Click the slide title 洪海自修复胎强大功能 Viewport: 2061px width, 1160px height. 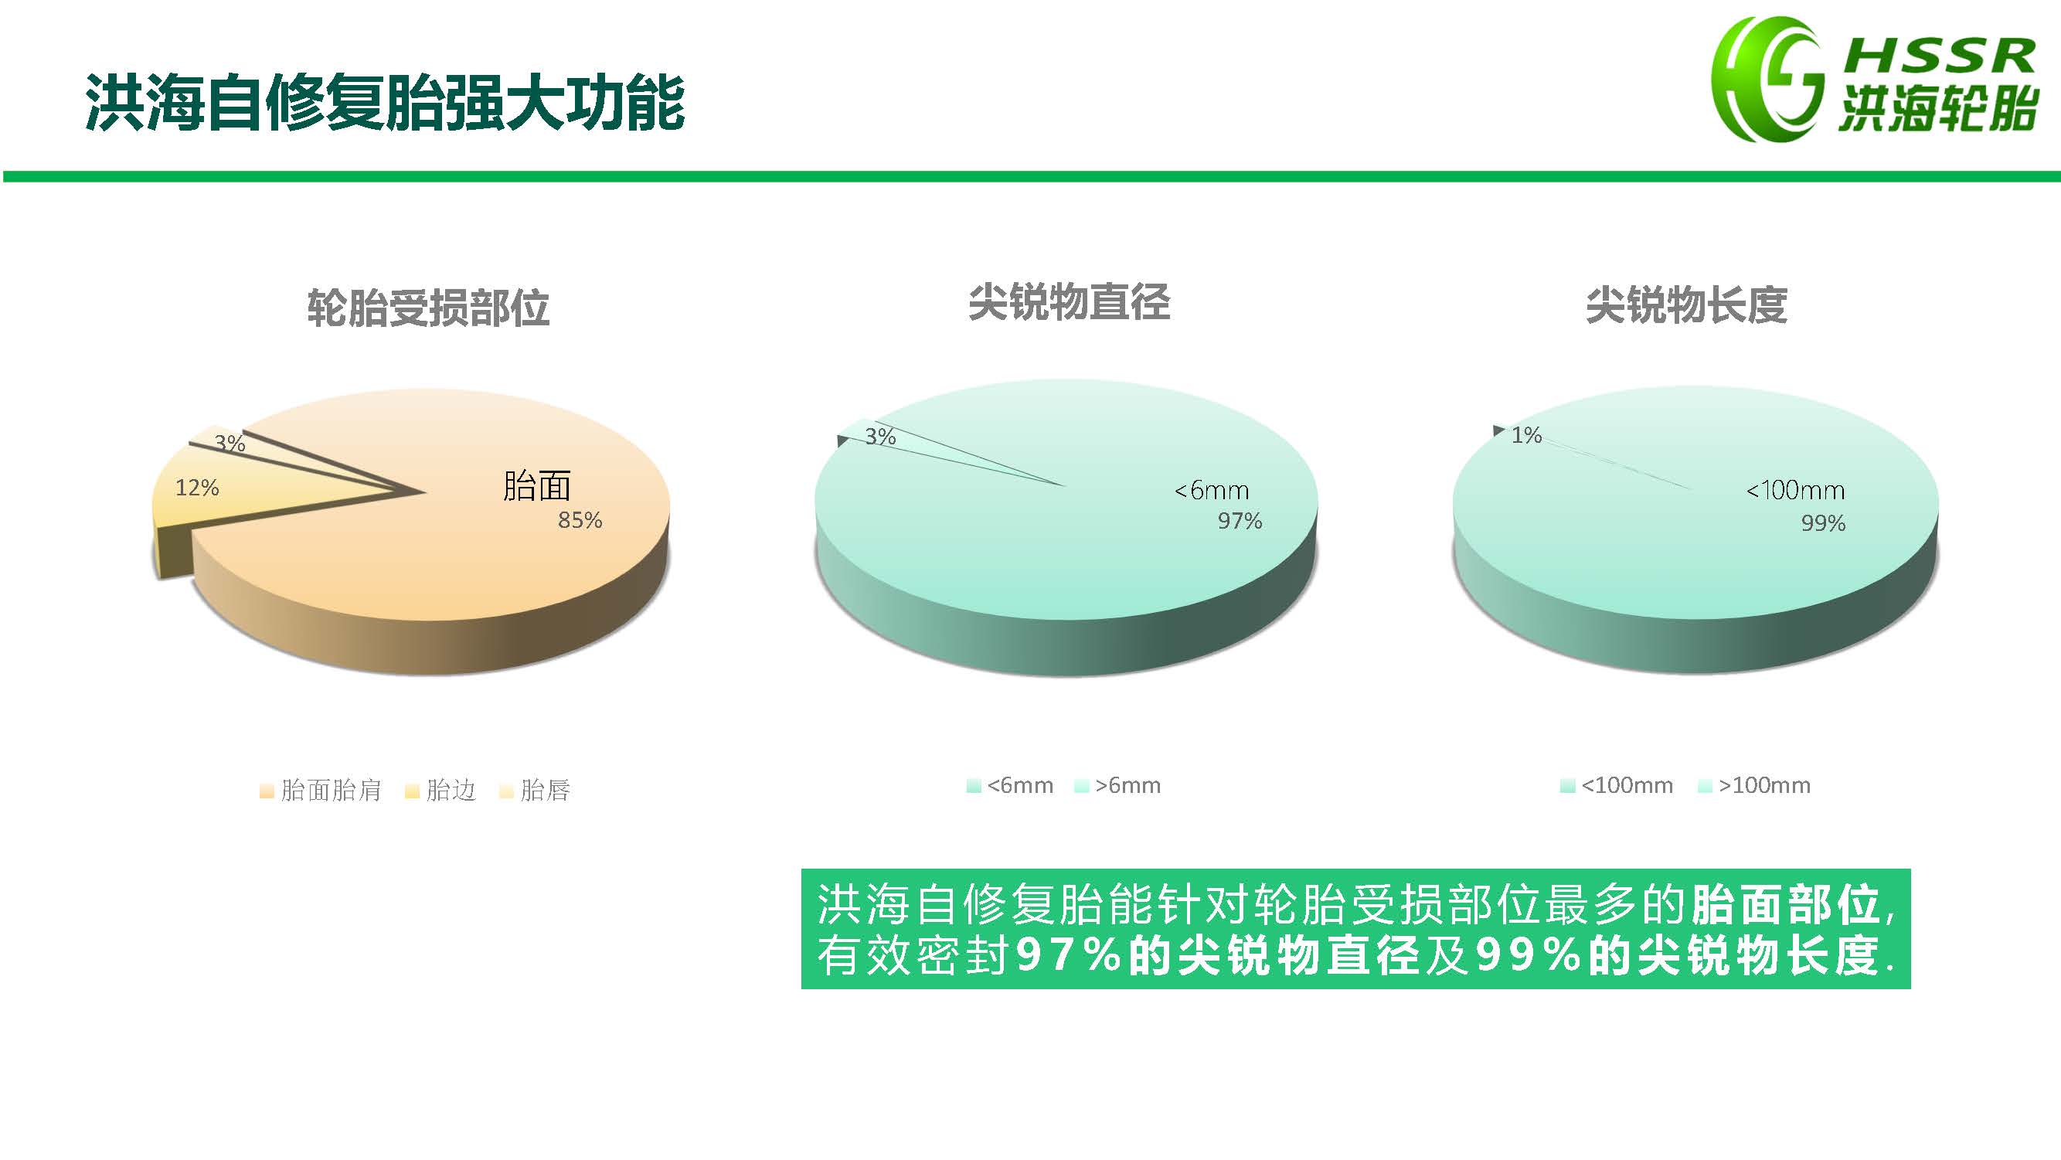point(385,103)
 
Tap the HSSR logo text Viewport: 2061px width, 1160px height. point(1940,56)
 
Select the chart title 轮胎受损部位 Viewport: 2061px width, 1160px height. point(428,308)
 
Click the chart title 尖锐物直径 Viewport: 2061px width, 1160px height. point(1069,302)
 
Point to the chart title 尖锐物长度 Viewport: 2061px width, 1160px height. point(1685,305)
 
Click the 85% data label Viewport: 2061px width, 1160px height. point(580,520)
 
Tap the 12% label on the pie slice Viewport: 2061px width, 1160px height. point(197,487)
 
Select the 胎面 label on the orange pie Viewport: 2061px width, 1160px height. point(537,485)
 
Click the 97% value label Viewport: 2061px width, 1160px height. point(1240,521)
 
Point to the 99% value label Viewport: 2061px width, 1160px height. point(1822,523)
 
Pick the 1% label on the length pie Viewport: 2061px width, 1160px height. point(1525,435)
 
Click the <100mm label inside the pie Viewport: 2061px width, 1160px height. point(1794,490)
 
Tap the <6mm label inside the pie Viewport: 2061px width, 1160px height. point(1211,490)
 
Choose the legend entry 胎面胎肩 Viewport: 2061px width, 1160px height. point(321,791)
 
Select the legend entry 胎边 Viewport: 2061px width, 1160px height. point(440,791)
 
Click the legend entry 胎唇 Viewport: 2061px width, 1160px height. point(535,791)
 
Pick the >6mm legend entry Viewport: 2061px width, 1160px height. point(1117,786)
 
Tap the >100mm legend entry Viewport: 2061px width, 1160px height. point(1753,786)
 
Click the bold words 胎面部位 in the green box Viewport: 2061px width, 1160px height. point(1786,905)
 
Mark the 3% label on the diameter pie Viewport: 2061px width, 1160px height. point(880,437)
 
